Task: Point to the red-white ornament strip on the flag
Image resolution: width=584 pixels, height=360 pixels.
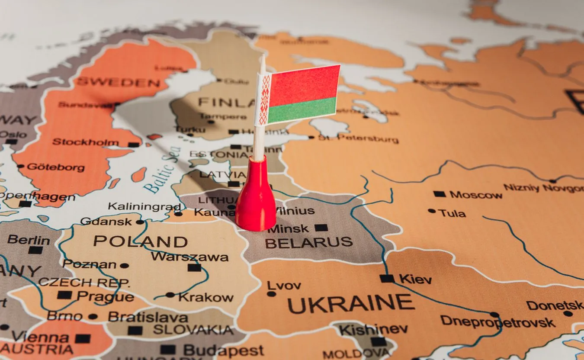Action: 263,100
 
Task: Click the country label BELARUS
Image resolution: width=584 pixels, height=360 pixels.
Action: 308,242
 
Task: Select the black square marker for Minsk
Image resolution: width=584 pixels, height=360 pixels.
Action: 321,228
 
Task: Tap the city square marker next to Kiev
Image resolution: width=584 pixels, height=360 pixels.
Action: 387,278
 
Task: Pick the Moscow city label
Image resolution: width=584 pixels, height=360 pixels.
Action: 476,195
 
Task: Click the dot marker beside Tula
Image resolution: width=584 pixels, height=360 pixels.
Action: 432,211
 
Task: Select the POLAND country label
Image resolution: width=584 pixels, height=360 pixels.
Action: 141,241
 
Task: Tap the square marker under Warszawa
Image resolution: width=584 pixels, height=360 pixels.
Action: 194,267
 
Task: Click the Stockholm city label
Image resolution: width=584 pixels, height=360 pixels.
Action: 86,142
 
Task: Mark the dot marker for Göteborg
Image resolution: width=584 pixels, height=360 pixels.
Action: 20,166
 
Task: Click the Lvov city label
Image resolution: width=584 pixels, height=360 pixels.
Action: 284,286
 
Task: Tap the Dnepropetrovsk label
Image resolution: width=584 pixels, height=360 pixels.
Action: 497,322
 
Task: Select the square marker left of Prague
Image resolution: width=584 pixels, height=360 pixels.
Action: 64,295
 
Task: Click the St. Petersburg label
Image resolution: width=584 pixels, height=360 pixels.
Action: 358,139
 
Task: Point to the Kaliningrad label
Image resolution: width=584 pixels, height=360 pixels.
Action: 144,206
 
